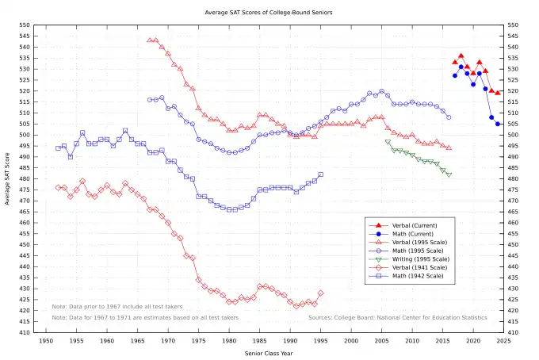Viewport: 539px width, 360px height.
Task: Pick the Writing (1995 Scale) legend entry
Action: (423, 259)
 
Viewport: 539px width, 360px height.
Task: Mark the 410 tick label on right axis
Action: (514, 332)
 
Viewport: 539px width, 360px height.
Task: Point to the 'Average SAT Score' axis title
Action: (7, 178)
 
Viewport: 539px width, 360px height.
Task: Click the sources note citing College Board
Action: (398, 317)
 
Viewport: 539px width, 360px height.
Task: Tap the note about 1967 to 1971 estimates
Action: (145, 317)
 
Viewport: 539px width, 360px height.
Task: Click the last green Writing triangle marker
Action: (449, 174)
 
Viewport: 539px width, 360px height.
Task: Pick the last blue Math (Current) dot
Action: (498, 124)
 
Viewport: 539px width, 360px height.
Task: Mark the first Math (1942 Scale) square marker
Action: (58, 148)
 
